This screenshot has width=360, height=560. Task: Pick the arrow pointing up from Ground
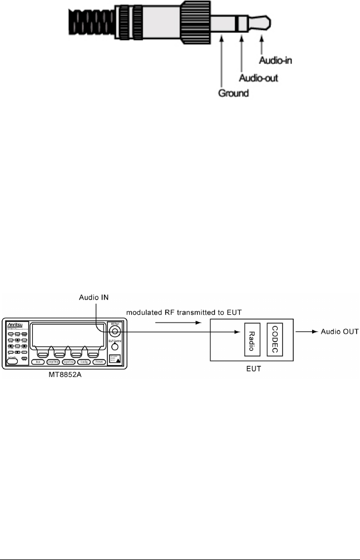[222, 62]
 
